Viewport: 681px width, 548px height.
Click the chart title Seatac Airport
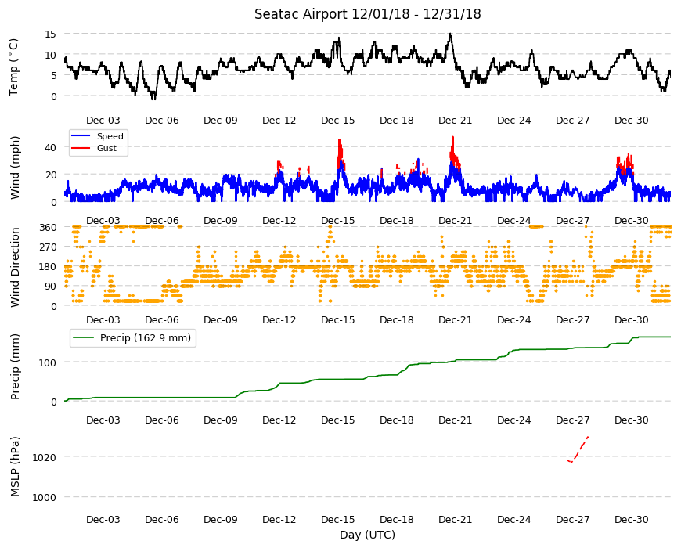click(301, 14)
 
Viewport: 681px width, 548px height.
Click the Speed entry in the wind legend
click(110, 136)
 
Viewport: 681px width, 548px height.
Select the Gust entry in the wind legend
click(106, 148)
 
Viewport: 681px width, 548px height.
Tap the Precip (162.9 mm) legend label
click(146, 338)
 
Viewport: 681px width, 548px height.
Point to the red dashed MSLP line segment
click(578, 450)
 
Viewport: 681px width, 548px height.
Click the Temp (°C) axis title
click(14, 67)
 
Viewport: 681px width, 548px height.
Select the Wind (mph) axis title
click(15, 168)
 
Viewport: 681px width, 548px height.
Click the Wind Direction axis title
click(15, 267)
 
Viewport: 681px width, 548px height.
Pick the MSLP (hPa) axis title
click(15, 467)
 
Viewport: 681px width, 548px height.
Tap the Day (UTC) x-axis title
click(367, 535)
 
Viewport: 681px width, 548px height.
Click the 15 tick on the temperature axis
click(51, 34)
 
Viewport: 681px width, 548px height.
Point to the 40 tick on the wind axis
click(51, 148)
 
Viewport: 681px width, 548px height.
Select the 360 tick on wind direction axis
click(49, 228)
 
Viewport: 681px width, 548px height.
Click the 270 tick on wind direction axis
click(49, 247)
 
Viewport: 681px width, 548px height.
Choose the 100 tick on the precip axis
click(48, 362)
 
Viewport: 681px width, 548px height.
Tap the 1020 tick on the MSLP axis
click(45, 457)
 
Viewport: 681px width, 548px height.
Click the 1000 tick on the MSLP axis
click(45, 497)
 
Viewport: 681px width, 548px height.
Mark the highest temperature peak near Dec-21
click(450, 34)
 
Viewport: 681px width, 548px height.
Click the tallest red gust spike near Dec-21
click(453, 138)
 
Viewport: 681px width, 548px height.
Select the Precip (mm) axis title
click(15, 367)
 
